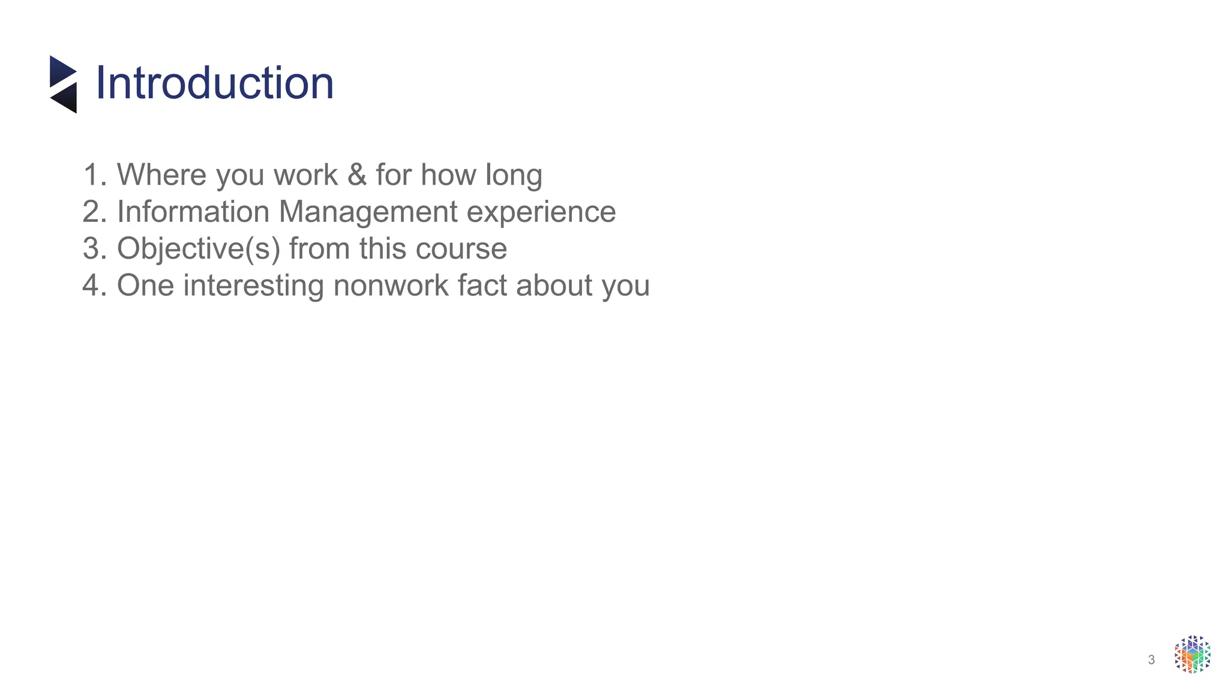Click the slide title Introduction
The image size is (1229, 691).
[x=214, y=83]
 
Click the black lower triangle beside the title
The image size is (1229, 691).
[x=66, y=98]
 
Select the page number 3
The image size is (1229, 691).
[x=1151, y=660]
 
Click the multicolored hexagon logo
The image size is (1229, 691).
[x=1192, y=654]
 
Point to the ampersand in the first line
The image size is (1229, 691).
[x=356, y=175]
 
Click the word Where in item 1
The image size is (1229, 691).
[x=161, y=175]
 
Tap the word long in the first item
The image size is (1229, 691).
[x=514, y=176]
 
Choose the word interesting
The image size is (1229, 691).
[x=253, y=286]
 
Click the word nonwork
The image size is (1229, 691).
[x=391, y=286]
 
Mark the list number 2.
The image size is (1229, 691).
[x=93, y=212]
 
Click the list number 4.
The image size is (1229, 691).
[x=93, y=286]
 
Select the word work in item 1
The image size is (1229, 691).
[x=305, y=175]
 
